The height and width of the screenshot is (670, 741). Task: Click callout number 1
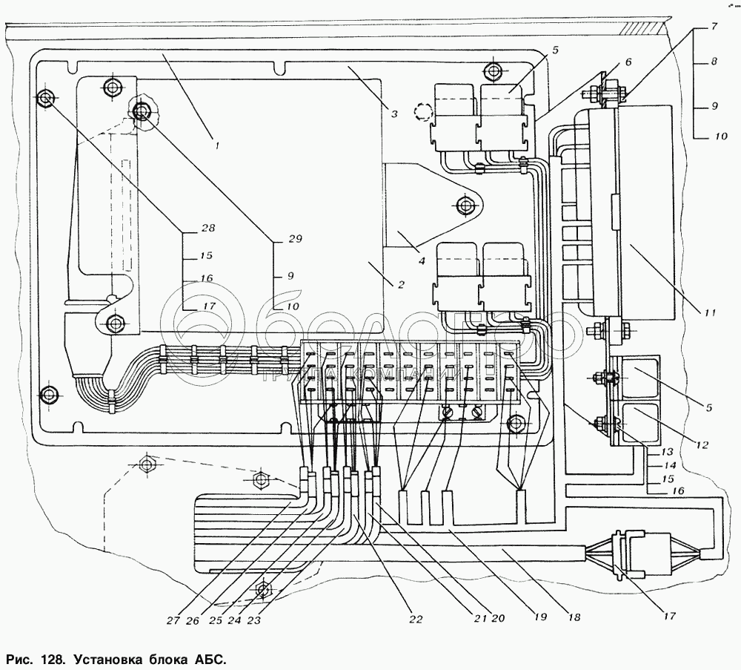coord(216,146)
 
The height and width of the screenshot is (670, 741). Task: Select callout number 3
coord(395,114)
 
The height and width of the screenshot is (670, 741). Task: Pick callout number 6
coord(628,62)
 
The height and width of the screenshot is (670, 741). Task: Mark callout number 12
coord(702,445)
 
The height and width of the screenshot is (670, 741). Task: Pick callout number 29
coord(295,239)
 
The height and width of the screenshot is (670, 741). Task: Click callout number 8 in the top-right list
coord(714,63)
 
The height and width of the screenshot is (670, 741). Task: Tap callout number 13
coord(666,450)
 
